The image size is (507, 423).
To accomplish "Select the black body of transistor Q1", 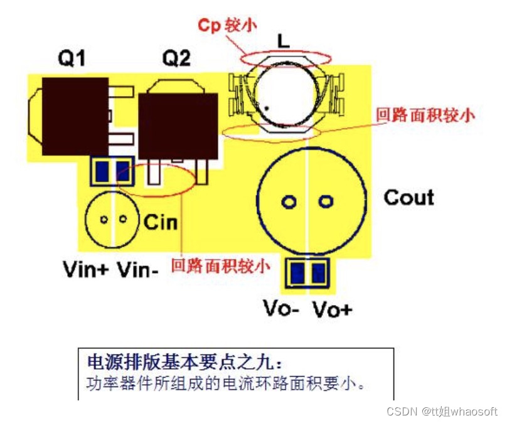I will click(75, 116).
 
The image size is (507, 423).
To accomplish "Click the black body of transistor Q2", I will click(178, 126).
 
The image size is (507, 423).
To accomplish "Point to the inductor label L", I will click(284, 42).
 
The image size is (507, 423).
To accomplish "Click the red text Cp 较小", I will click(227, 24).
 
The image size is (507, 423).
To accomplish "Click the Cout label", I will click(408, 198).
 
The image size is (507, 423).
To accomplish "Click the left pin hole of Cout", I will click(289, 201).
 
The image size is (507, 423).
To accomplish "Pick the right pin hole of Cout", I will click(325, 201).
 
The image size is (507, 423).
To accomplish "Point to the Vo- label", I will click(280, 309).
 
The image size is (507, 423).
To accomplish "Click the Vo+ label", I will click(332, 309).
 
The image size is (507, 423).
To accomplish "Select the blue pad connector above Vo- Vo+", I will click(307, 272).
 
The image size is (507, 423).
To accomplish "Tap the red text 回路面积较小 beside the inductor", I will click(425, 115).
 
